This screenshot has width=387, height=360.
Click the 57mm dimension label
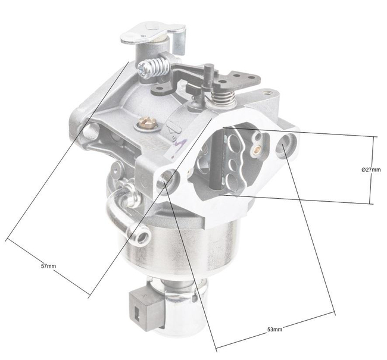click(x=48, y=265)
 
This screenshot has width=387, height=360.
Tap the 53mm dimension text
click(x=274, y=328)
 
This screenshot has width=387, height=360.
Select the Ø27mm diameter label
click(x=370, y=170)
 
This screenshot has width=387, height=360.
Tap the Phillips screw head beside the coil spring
click(x=141, y=71)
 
